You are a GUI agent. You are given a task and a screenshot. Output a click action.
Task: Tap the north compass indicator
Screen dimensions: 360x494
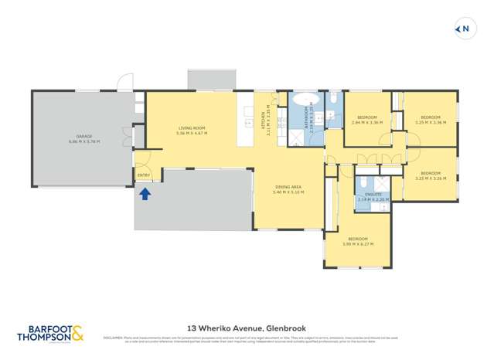tap(462, 30)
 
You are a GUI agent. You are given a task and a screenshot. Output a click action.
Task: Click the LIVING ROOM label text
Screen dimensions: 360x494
tap(191, 128)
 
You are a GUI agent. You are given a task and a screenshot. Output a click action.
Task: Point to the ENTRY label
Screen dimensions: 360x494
tap(144, 175)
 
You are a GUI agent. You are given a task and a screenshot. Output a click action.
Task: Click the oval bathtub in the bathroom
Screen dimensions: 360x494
tap(304, 100)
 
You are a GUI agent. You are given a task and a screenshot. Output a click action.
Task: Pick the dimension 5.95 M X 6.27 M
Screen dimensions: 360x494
tap(359, 244)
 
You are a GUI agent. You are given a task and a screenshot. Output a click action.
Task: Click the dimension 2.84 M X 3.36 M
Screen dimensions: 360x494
tap(366, 123)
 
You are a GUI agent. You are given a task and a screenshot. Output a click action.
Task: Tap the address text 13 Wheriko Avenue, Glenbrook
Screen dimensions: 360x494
tap(246, 328)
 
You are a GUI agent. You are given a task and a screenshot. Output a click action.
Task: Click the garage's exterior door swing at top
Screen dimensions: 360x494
tap(124, 82)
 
